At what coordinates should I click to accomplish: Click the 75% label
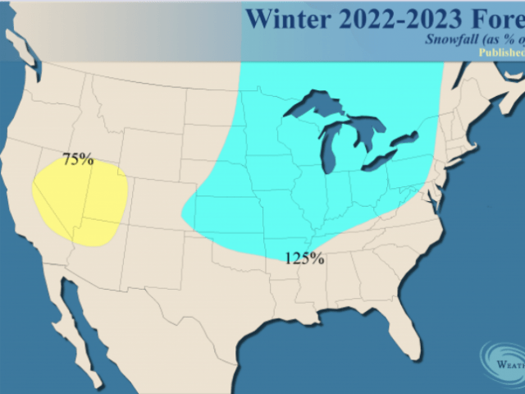click(x=78, y=160)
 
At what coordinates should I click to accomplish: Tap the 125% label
click(x=304, y=259)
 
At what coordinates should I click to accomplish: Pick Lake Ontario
click(x=408, y=138)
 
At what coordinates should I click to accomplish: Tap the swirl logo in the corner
click(x=502, y=361)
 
